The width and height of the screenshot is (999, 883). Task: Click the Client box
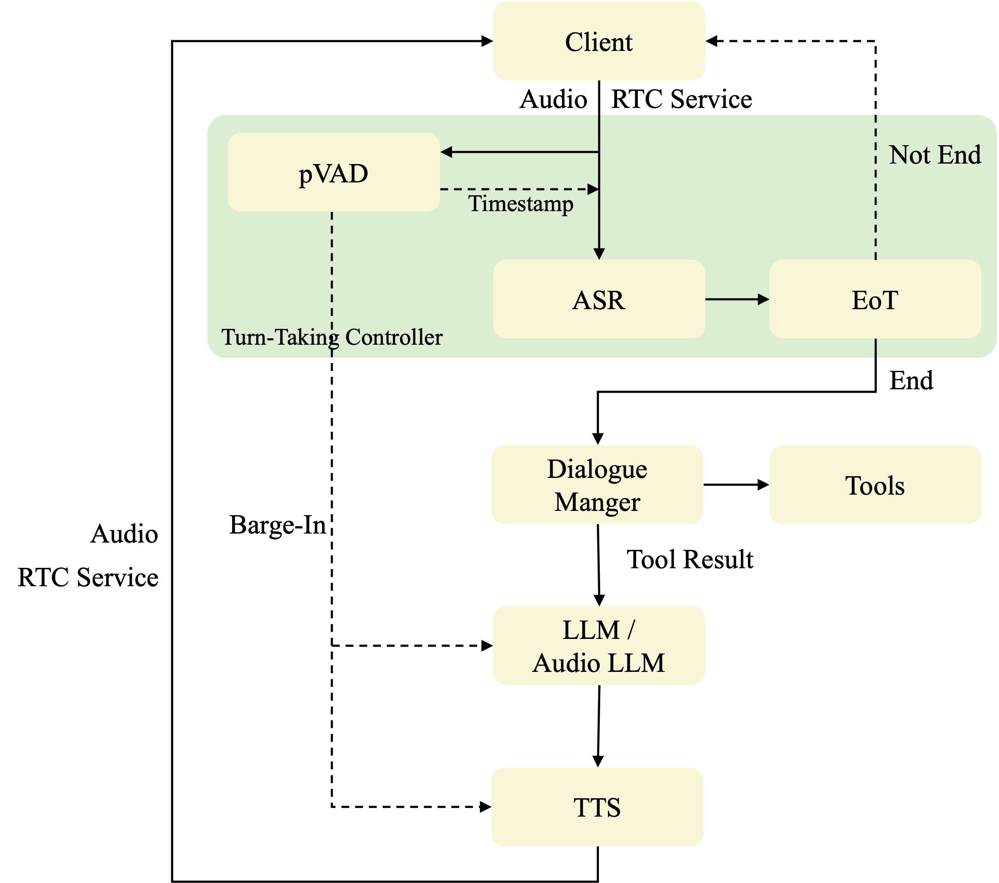pos(599,41)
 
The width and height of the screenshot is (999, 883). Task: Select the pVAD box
pos(334,173)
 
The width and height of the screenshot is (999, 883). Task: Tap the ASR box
pos(599,299)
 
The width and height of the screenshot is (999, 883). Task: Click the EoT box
pos(875,299)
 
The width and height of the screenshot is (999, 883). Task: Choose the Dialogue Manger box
pos(597,484)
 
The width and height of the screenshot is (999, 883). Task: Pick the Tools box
pos(875,484)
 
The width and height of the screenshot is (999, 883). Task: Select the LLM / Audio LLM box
pos(599,645)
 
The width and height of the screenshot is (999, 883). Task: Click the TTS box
pos(597,807)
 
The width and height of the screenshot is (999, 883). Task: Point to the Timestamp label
pos(521,204)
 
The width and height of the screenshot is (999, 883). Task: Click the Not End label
pos(934,155)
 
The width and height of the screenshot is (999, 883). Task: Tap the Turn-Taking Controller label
pos(332,337)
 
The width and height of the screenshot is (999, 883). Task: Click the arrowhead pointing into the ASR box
pos(599,254)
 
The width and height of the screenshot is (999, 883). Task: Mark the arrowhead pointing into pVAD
pos(446,152)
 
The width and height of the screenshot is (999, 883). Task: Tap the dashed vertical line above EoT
pos(875,195)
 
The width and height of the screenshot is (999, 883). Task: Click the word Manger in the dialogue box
pos(597,502)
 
